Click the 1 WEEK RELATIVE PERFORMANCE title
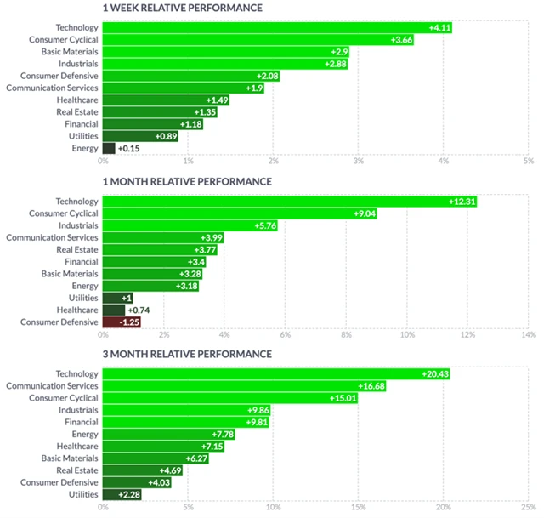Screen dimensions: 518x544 click(182, 9)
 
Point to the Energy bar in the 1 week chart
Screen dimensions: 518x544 click(108, 149)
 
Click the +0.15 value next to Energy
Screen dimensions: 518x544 click(128, 149)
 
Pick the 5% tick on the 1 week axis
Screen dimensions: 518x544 click(529, 161)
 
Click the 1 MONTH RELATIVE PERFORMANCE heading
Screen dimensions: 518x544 click(186, 182)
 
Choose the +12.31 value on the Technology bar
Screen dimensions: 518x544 click(462, 202)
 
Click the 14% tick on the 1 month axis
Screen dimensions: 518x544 click(527, 334)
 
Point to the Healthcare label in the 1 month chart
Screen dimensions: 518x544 click(77, 310)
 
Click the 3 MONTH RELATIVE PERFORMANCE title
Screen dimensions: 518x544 click(187, 354)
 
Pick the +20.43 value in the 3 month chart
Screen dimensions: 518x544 click(435, 374)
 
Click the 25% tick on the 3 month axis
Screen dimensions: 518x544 click(527, 507)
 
